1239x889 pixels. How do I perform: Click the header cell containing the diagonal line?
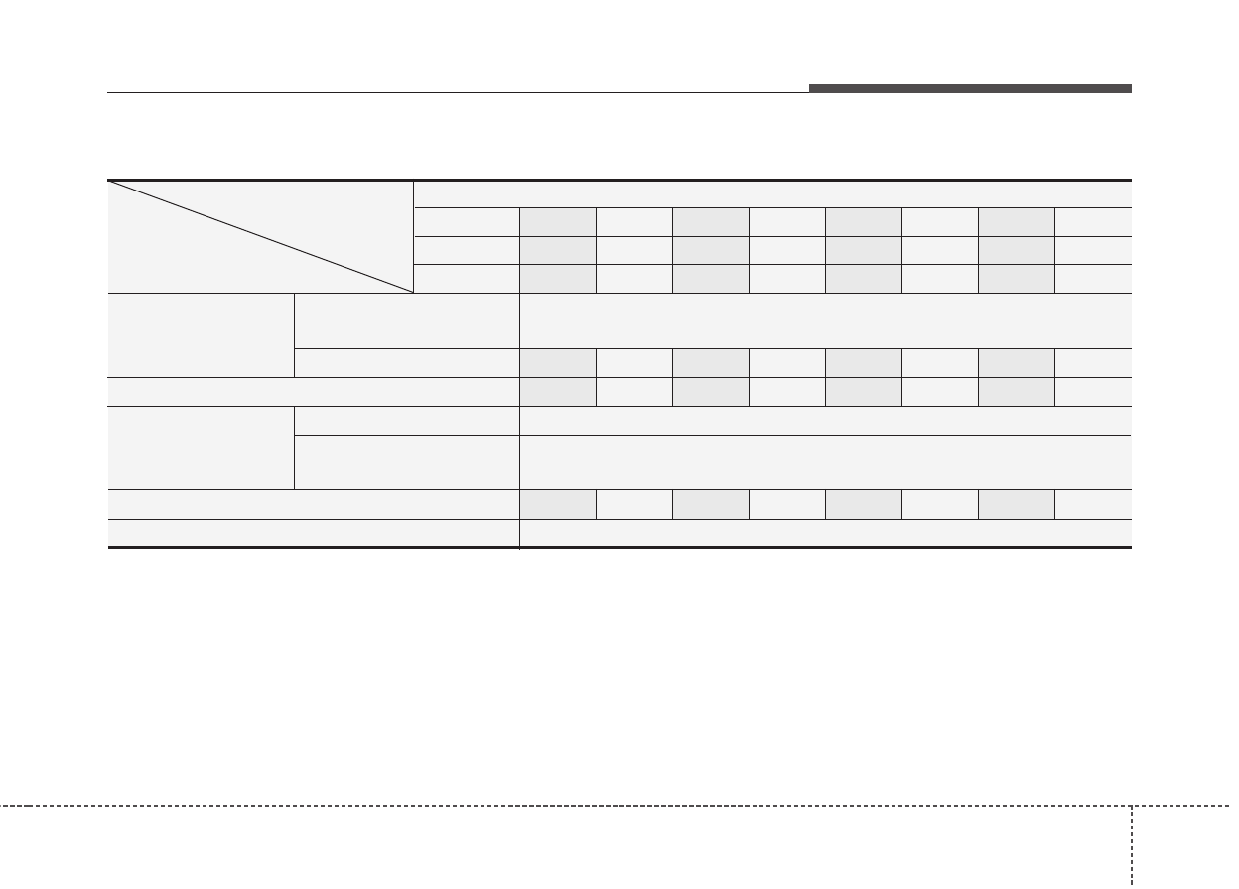tap(260, 237)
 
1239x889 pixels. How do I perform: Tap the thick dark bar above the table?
tap(970, 89)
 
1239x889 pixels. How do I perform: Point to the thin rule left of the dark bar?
tap(457, 93)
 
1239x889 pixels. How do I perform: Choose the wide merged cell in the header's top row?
tap(772, 194)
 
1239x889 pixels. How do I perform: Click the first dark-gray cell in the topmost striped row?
tap(558, 222)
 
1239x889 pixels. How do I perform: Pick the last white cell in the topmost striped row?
tap(1093, 222)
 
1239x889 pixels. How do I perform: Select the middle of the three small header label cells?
tap(467, 250)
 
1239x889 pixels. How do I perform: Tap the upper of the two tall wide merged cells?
tap(825, 320)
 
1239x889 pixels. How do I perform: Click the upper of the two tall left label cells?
tap(201, 335)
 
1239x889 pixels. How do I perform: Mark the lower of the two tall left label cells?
tap(201, 447)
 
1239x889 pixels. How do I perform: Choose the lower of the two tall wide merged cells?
tap(825, 462)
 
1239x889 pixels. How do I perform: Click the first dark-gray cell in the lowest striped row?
tap(558, 504)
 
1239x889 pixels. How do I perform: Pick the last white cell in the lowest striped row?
tap(1093, 504)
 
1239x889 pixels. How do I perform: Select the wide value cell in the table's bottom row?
tap(825, 533)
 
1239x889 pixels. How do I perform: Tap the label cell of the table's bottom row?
tap(313, 533)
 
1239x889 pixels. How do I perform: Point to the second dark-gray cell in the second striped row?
tap(711, 250)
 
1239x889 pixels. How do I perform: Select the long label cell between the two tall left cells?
tap(313, 392)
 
